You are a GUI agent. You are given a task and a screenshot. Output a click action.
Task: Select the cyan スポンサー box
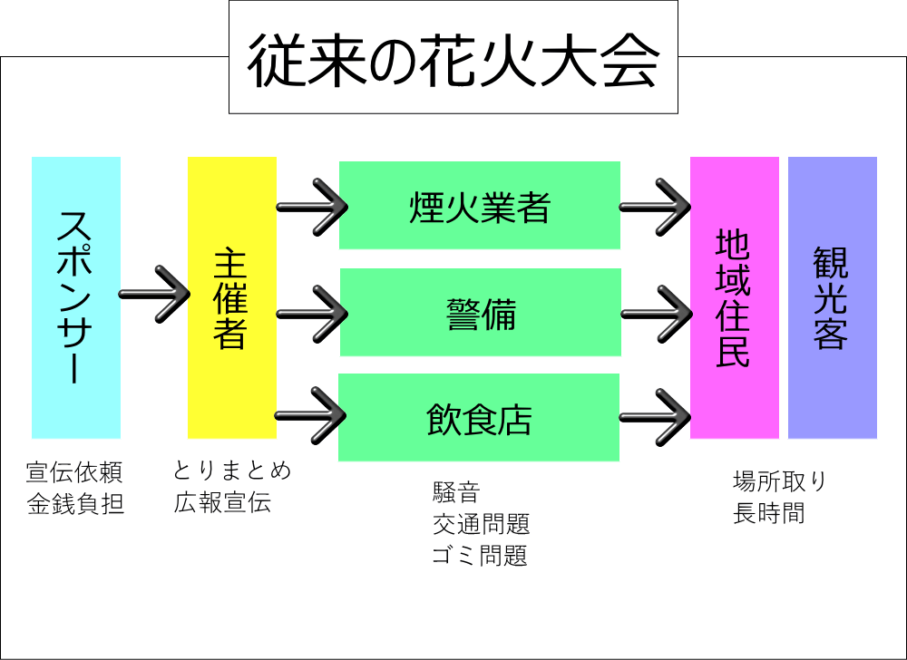[x=76, y=297]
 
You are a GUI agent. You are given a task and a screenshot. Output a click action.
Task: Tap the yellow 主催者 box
[x=231, y=297]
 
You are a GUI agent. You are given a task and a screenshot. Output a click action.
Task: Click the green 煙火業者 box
[x=479, y=206]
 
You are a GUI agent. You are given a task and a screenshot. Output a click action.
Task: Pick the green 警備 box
[x=480, y=313]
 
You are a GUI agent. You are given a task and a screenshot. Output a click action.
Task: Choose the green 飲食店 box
[x=478, y=418]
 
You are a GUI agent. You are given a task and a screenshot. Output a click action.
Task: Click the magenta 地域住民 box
[x=734, y=297]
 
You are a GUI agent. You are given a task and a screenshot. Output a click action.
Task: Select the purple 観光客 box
[x=832, y=297]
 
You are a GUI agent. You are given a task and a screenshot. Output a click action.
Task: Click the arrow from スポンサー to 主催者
[x=153, y=294]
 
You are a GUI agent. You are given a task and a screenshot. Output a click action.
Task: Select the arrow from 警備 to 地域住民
[x=654, y=314]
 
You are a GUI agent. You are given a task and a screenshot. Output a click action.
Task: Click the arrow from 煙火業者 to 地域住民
[x=654, y=207]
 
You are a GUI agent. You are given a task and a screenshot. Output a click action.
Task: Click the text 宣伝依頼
[x=73, y=472]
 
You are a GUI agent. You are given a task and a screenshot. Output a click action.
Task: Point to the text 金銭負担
[x=75, y=504]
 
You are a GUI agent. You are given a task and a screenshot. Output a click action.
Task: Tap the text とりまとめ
[x=233, y=471]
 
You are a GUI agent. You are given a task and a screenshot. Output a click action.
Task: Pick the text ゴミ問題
[x=480, y=555]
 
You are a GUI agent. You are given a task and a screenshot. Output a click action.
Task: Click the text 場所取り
[x=779, y=480]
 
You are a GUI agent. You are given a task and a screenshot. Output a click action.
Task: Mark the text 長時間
[x=768, y=513]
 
